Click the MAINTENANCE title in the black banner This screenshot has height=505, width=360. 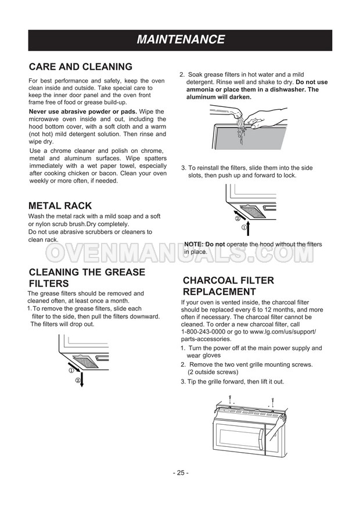point(180,40)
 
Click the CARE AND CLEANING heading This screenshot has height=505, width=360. point(81,67)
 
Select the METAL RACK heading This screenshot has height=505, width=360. point(60,206)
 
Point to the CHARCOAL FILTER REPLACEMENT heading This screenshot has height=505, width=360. point(228,286)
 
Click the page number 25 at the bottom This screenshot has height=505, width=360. point(180,472)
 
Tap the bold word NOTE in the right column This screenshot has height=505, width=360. point(194,245)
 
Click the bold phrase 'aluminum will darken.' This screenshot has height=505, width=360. point(219,97)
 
